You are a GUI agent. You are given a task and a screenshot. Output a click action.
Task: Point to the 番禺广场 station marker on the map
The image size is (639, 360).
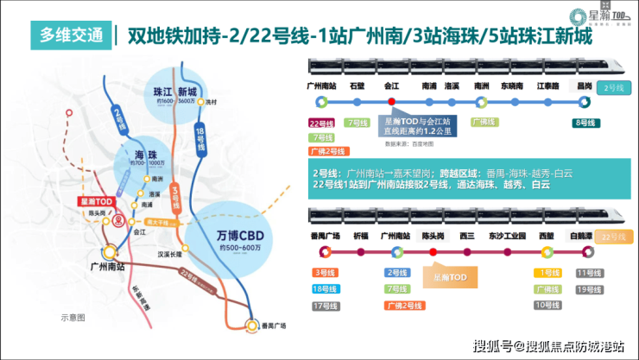coord(252,325)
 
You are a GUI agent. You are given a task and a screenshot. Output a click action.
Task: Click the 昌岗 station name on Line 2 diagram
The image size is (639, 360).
coord(585,86)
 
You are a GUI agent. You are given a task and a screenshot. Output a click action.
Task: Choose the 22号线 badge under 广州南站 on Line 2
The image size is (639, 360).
coord(321,123)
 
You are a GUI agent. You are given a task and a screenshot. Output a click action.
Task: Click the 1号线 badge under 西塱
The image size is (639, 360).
coord(546,273)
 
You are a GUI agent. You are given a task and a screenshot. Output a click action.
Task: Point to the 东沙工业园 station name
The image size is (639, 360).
coord(507,236)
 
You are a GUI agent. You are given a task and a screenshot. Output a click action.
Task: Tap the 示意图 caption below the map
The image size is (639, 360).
coord(72,318)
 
